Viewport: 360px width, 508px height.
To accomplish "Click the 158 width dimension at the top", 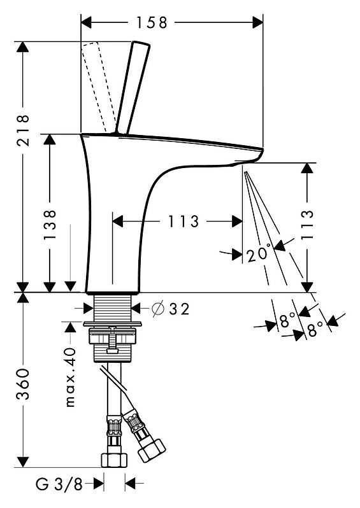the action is coord(152,22).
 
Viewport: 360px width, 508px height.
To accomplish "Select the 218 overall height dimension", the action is coord(23,130).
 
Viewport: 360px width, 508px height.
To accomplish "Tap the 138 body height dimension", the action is coord(50,225).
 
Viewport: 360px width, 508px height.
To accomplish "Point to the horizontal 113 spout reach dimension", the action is coord(183,222).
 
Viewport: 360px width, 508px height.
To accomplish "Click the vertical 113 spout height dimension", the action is coord(308,225).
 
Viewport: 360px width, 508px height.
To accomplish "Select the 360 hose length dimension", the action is coord(23,384).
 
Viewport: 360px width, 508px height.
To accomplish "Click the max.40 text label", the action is coord(70,377).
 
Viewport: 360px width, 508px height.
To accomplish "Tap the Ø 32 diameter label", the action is coord(171,309).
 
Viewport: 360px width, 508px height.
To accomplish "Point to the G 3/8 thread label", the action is coord(59,484).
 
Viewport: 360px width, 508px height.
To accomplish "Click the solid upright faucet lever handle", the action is coord(133,87).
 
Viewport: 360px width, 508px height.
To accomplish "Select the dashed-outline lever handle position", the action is coord(98,87).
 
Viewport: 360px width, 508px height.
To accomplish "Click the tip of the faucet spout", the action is coord(262,150).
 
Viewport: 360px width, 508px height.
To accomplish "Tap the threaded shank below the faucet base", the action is coord(113,308).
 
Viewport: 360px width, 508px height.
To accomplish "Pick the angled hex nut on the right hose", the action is coord(152,451).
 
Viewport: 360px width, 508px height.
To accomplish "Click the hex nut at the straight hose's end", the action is coord(114,460).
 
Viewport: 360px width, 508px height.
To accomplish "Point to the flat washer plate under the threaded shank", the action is coord(113,323).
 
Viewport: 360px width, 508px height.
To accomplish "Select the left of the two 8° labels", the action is coord(287,320).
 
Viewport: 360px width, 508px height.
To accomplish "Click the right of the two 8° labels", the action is coord(315,329).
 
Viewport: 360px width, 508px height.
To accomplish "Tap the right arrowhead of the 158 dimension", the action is coord(258,22).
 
